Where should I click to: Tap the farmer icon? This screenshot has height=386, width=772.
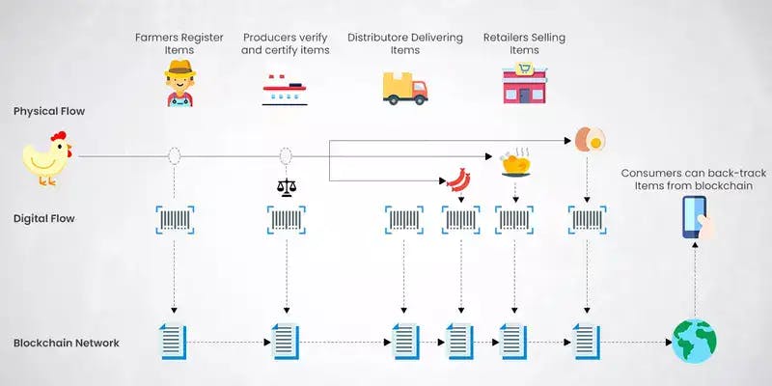[177, 83]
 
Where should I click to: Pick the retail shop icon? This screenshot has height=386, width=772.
[523, 84]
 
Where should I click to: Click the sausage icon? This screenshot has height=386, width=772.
[456, 179]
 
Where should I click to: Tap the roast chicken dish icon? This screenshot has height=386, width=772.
[513, 164]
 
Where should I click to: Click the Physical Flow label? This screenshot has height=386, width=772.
[49, 111]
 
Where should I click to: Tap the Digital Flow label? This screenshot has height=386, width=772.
[44, 218]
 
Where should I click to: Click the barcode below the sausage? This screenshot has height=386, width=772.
[460, 220]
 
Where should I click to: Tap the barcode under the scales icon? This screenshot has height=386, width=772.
[286, 220]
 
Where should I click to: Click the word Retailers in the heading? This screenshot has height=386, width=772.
[508, 38]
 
